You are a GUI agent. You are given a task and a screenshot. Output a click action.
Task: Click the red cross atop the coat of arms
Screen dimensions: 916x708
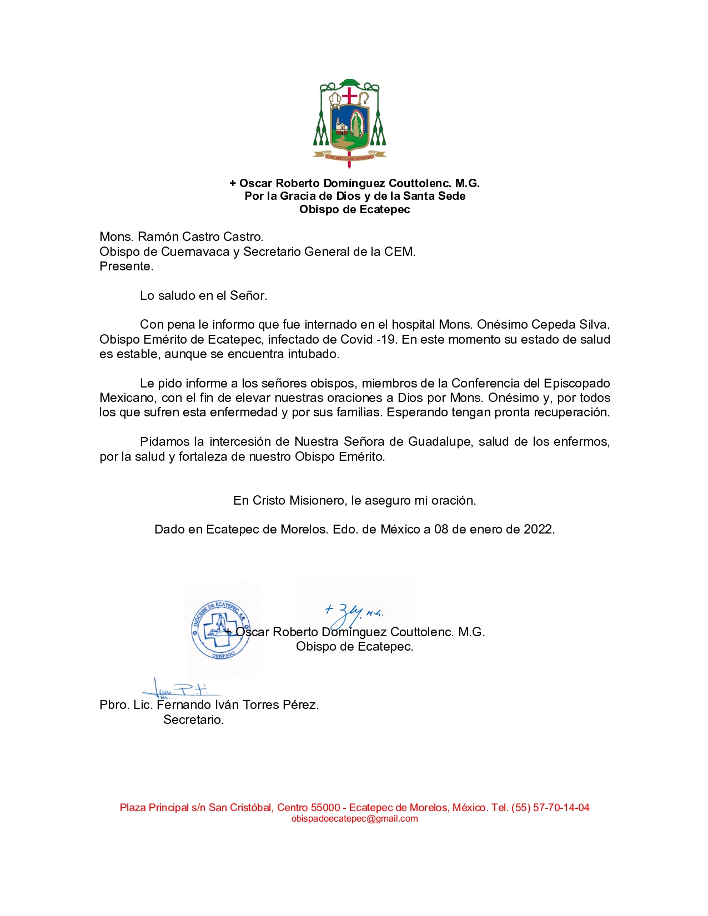[349, 95]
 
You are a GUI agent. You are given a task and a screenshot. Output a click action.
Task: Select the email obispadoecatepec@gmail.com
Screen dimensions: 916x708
[354, 819]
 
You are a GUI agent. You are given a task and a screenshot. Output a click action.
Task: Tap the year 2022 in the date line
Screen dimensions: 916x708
[539, 530]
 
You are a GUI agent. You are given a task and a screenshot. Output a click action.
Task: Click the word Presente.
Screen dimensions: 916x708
[126, 266]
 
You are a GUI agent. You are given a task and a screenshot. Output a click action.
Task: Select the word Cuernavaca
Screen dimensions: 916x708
[195, 252]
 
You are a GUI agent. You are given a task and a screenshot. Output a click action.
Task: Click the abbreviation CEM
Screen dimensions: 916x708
[399, 252]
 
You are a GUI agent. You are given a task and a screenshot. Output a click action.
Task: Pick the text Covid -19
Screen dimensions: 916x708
[368, 340]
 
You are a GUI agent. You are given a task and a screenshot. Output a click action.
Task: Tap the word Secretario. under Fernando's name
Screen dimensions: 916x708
[193, 720]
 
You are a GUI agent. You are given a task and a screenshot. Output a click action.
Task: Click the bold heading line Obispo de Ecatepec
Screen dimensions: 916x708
[354, 210]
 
